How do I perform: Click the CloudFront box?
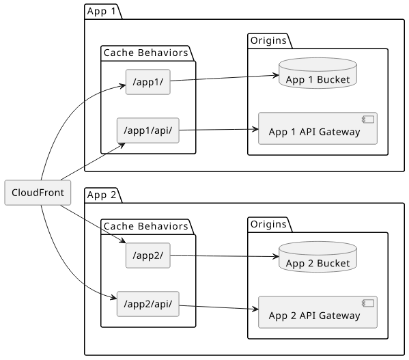click(x=38, y=193)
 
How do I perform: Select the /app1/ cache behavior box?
click(x=148, y=82)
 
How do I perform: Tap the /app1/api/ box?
click(x=148, y=130)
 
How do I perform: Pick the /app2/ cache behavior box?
click(x=148, y=255)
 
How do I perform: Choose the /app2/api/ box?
click(x=148, y=304)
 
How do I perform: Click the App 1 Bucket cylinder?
click(x=318, y=73)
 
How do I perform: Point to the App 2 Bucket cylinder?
click(x=318, y=257)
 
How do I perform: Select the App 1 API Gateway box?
click(x=318, y=128)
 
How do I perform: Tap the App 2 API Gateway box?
click(x=318, y=312)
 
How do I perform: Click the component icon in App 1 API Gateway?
click(x=368, y=120)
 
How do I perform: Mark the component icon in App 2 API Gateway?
click(x=368, y=303)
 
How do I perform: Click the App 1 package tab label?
click(x=101, y=11)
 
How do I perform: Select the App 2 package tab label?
click(x=101, y=195)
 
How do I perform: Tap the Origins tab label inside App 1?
click(x=268, y=40)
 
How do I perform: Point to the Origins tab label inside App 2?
click(x=268, y=224)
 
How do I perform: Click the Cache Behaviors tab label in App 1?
click(x=146, y=53)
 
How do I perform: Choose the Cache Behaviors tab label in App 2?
click(x=146, y=226)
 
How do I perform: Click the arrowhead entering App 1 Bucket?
click(x=276, y=75)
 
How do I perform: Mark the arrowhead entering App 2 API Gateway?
click(x=255, y=309)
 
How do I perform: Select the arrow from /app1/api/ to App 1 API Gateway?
click(x=219, y=130)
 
